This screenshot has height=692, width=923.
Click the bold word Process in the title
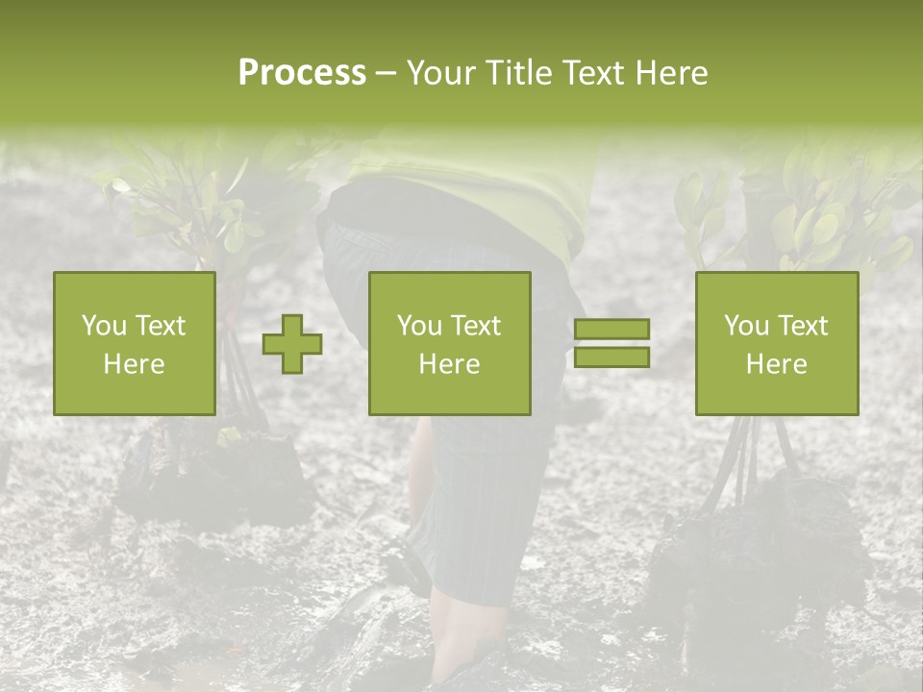point(302,73)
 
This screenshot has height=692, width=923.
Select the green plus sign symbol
point(292,344)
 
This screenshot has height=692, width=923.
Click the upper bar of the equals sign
point(611,330)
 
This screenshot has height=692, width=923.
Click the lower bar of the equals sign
point(611,358)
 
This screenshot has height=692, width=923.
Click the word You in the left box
point(102,326)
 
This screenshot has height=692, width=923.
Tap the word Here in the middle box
point(450,364)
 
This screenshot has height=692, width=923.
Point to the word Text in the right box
point(802,326)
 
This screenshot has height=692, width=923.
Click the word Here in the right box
point(777,364)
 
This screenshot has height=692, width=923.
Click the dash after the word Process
point(387,74)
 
